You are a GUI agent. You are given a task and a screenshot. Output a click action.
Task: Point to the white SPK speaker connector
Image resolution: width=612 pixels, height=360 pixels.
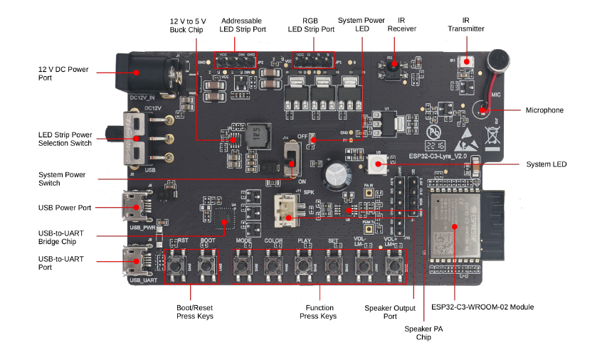287,208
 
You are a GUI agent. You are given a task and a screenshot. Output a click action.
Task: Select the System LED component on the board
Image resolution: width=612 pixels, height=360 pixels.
376,165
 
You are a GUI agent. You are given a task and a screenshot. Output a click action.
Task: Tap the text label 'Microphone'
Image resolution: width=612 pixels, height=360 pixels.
544,110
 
